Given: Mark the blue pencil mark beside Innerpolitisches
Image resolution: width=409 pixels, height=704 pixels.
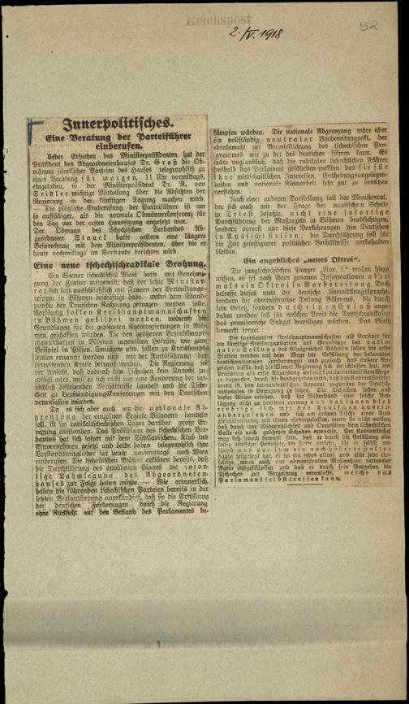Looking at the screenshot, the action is click(33, 128).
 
